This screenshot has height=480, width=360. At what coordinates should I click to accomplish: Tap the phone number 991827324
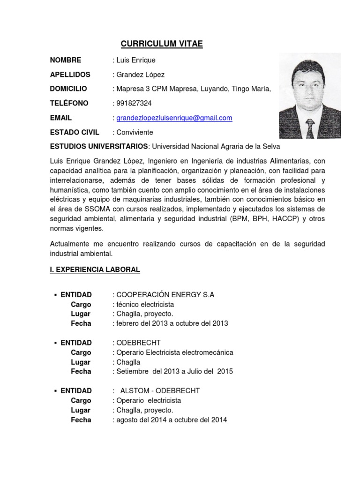pyautogui.click(x=134, y=103)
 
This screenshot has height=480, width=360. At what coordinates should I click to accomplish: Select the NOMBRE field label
pyautogui.click(x=66, y=60)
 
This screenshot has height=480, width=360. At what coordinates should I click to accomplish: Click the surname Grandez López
pyautogui.click(x=140, y=75)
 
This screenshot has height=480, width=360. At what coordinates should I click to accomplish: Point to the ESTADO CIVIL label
pyautogui.click(x=75, y=132)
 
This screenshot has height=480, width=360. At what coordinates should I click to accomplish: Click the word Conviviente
pyautogui.click(x=135, y=132)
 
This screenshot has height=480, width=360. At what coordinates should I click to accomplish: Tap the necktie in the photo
pyautogui.click(x=310, y=127)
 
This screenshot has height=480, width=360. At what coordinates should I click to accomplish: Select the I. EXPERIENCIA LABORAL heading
pyautogui.click(x=95, y=270)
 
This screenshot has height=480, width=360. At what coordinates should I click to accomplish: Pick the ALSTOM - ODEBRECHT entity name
pyautogui.click(x=160, y=391)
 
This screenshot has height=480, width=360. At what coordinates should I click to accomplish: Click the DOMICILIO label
pyautogui.click(x=68, y=89)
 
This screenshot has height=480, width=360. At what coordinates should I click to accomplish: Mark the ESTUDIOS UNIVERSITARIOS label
pyautogui.click(x=99, y=147)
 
